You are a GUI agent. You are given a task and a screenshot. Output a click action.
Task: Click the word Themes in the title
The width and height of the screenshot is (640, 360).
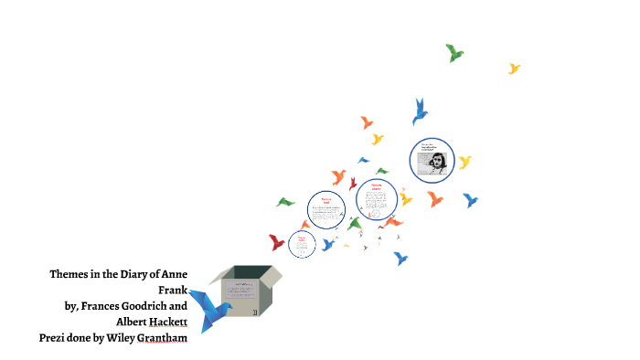[x=69, y=274]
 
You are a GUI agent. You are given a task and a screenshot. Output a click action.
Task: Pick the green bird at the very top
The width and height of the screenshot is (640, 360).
[x=454, y=53]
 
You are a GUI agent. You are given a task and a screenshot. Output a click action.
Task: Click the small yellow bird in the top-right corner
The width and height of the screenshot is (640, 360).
[x=514, y=69]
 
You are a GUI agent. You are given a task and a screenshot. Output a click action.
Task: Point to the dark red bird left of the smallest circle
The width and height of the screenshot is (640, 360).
[x=277, y=242]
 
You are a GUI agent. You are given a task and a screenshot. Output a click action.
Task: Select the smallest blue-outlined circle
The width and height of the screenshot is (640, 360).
[x=301, y=243]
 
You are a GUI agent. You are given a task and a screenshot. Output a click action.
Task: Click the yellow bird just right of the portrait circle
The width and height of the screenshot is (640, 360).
[x=464, y=163]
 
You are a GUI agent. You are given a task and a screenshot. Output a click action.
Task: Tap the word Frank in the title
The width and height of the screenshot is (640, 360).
[x=173, y=290]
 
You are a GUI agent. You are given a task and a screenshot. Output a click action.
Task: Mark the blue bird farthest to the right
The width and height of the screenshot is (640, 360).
[x=470, y=199]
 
